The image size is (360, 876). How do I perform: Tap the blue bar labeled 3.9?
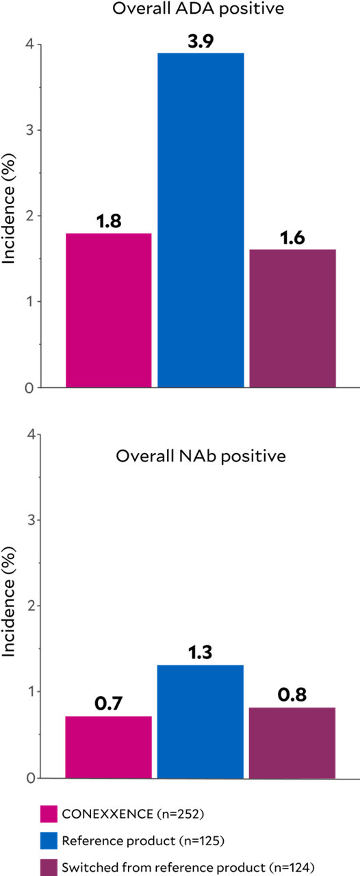tap(201, 220)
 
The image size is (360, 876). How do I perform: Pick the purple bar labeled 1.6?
tap(292, 318)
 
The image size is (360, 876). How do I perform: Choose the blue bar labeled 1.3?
tap(201, 721)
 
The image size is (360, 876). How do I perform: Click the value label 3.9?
tap(201, 41)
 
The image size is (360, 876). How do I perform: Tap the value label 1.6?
tap(292, 237)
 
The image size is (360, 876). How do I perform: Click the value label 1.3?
tap(201, 653)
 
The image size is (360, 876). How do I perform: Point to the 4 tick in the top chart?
tap(31, 44)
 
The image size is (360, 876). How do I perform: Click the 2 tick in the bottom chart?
tap(31, 606)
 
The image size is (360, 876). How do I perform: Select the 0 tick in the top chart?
tap(31, 388)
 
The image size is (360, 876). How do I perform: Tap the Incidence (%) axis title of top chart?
tap(10, 216)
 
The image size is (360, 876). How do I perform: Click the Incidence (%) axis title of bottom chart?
tap(10, 606)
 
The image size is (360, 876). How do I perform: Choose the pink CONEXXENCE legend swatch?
tap(48, 814)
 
